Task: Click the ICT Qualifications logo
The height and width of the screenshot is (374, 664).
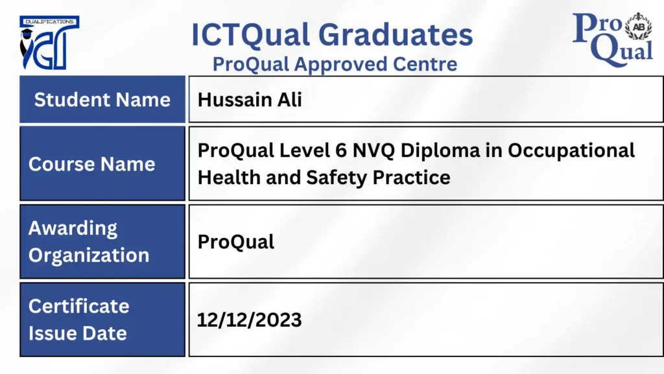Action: click(49, 43)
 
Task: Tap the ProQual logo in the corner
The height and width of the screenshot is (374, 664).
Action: click(613, 40)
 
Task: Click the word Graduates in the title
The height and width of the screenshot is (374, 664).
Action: click(396, 35)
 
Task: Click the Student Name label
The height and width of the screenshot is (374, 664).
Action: click(102, 100)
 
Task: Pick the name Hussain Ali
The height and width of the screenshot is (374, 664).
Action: click(250, 100)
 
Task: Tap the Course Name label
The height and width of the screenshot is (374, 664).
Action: click(92, 164)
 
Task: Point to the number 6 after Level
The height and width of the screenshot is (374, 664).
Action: click(340, 150)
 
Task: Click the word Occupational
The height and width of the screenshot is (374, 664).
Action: click(571, 151)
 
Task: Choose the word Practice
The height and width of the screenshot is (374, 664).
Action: click(411, 178)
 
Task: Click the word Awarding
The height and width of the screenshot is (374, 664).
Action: click(73, 229)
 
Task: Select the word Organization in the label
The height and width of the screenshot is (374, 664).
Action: click(89, 255)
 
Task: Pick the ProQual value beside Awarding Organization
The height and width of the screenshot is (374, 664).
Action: click(236, 242)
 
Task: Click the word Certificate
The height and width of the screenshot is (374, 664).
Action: click(78, 307)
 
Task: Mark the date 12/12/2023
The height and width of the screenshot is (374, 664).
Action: click(250, 320)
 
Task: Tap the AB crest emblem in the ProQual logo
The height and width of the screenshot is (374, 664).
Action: click(638, 26)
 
